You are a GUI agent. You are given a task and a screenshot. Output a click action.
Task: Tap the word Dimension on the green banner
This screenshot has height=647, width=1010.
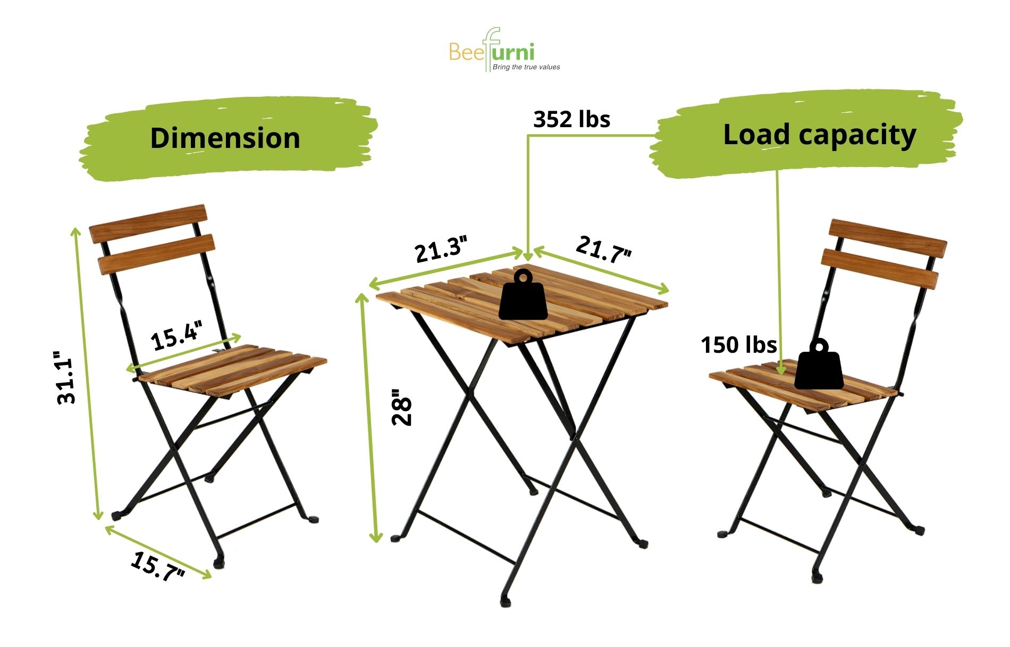(225, 138)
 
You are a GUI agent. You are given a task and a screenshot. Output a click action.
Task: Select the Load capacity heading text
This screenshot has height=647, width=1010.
(820, 136)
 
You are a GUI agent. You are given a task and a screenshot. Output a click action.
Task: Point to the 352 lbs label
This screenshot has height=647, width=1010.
(571, 119)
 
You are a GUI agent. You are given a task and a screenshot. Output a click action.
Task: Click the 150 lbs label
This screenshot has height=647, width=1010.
(739, 345)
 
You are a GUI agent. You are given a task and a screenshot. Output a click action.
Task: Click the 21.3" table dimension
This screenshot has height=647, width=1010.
(442, 249)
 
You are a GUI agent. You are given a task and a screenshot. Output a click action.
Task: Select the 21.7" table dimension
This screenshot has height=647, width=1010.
(604, 249)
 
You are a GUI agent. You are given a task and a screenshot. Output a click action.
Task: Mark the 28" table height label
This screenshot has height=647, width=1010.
(402, 408)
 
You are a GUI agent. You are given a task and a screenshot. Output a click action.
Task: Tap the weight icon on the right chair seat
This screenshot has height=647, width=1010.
(819, 364)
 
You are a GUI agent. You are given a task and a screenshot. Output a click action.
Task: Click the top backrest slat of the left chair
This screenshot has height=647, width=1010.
(147, 223)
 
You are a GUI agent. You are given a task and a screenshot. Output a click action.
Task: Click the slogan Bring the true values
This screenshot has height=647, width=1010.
(526, 67)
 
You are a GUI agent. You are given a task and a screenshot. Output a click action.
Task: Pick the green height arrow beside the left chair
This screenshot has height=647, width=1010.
(87, 373)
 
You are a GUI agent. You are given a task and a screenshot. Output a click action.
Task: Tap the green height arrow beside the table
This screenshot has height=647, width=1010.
(369, 417)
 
